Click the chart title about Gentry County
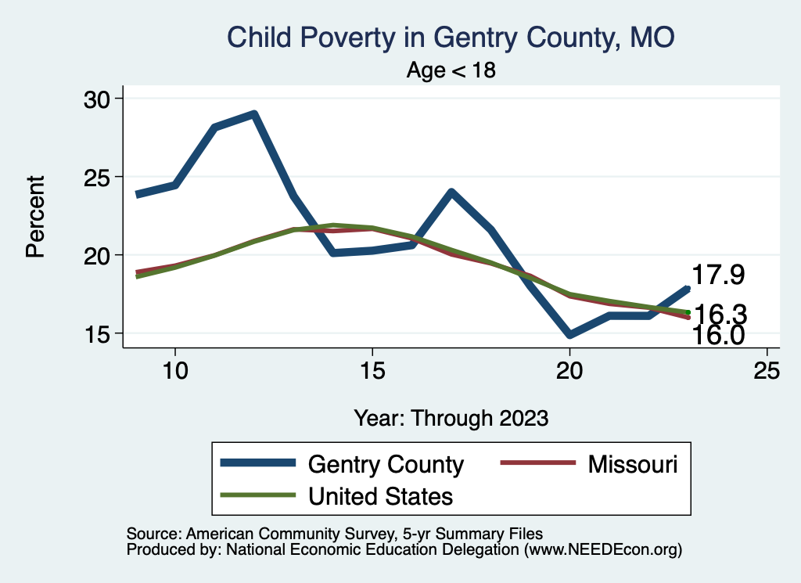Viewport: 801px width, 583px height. pos(450,37)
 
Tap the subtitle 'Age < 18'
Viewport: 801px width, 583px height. pos(451,70)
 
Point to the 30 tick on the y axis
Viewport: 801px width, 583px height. pos(99,99)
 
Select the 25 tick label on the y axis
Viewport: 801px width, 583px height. pos(99,177)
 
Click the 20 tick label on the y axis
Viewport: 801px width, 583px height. pos(99,255)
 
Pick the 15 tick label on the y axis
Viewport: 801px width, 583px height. pos(99,333)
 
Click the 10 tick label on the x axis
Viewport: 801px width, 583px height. pos(174,371)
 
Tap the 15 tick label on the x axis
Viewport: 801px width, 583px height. pos(372,371)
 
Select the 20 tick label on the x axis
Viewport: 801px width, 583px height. pos(569,371)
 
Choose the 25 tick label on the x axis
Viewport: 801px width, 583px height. pos(767,371)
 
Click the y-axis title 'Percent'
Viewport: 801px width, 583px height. pos(35,216)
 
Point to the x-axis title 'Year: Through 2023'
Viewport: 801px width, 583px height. pos(451,417)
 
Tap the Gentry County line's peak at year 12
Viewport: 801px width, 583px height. pos(253,114)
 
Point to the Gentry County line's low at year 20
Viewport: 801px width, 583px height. pos(569,335)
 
